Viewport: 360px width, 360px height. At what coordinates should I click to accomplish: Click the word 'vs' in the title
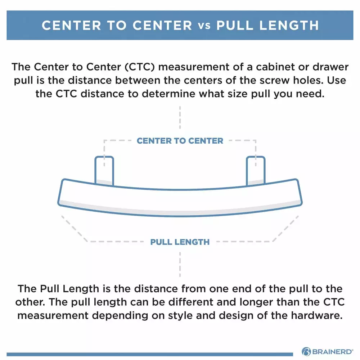pos(204,26)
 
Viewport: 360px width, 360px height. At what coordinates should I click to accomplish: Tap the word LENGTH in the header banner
pos(289,25)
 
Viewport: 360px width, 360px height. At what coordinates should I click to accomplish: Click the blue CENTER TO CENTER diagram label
pos(180,141)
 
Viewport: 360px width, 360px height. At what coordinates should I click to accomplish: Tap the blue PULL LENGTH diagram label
pos(180,242)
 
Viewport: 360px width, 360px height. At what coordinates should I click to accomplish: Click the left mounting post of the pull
pos(104,170)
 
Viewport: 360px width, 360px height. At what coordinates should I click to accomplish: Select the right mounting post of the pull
pos(256,170)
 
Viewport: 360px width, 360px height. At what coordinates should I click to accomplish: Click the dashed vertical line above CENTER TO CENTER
pos(180,117)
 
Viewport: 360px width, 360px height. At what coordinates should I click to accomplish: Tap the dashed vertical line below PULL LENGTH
pos(180,265)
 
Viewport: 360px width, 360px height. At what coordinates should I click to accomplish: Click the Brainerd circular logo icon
pos(306,351)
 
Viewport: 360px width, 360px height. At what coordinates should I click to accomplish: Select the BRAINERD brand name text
pos(333,352)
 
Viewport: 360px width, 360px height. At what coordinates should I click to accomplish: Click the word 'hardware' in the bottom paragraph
pos(317,315)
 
